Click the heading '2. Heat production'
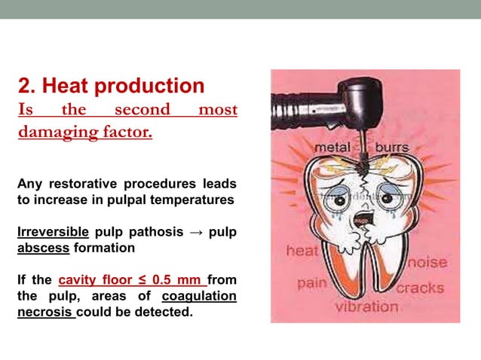[x=111, y=86]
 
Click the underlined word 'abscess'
[x=42, y=247]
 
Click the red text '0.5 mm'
[x=179, y=280]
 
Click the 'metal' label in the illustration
[x=332, y=148]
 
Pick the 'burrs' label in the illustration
[x=393, y=148]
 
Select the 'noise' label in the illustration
[x=427, y=263]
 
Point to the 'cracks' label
[x=420, y=288]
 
